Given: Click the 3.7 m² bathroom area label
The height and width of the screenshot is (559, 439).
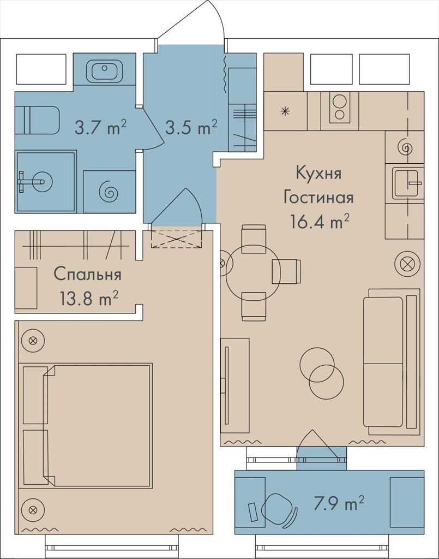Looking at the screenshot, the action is point(101,127).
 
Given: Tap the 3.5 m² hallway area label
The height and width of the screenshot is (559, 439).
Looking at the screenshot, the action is point(191,127).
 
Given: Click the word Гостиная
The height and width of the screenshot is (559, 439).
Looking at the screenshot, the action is point(318,197).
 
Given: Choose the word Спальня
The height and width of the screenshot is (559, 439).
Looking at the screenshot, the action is point(88,275).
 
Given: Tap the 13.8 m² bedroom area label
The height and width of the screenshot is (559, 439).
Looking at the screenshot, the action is point(89,299).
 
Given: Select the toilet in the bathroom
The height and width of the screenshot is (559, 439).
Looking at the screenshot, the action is point(37,120).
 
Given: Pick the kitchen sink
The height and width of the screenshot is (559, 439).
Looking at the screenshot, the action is point(407,183).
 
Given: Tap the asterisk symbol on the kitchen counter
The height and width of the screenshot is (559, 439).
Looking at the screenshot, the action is point(285,111).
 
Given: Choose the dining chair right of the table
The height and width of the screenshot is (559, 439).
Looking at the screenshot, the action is point(286,271).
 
